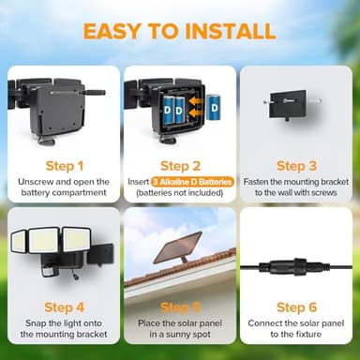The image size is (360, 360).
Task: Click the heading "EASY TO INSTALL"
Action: (x=179, y=30)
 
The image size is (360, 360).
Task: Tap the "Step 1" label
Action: (x=63, y=165)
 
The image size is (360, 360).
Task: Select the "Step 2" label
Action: (x=179, y=165)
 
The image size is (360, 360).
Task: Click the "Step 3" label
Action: (x=295, y=165)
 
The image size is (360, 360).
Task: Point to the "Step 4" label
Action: (x=63, y=307)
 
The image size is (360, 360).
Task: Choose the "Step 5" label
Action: (x=179, y=307)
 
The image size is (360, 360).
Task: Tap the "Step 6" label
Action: (x=295, y=307)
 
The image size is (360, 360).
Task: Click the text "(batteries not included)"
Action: (x=179, y=192)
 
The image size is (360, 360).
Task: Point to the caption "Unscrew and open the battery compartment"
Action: (x=63, y=186)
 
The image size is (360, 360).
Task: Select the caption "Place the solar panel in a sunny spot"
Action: (x=179, y=327)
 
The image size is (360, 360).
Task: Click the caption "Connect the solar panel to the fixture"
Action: (x=295, y=327)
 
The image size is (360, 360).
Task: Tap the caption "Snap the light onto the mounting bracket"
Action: (x=63, y=327)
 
